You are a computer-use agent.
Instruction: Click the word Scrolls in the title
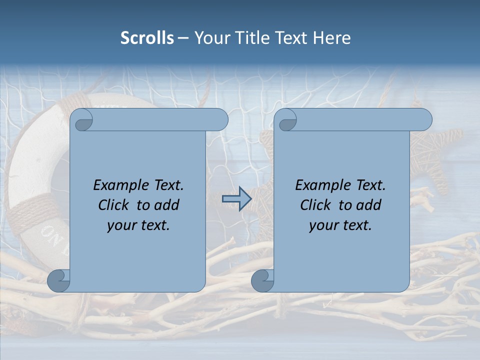point(147,38)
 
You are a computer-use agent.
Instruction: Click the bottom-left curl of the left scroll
point(58,280)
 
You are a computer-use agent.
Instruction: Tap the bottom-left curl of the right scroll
point(262,280)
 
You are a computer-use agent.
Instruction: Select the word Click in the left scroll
point(113,205)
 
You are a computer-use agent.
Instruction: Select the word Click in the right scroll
point(315,205)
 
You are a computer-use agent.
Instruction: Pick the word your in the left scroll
point(120,225)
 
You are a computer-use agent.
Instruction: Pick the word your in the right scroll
point(322,225)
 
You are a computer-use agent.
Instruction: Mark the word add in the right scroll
point(369,205)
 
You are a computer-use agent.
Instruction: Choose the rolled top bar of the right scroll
point(360,120)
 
